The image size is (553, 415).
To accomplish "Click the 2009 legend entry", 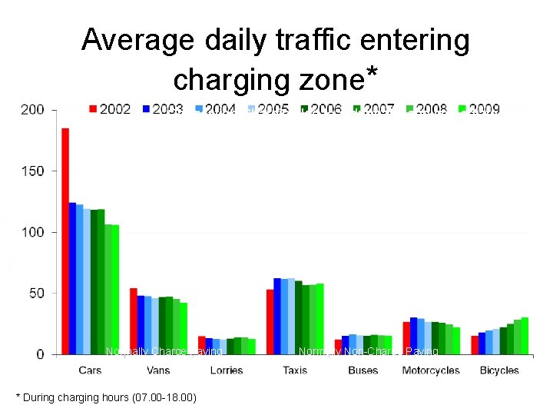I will click(x=478, y=109).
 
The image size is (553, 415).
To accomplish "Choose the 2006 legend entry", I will click(x=320, y=109).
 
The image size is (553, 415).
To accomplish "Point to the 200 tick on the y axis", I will click(x=32, y=110).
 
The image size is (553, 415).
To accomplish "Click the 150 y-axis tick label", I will click(x=32, y=171).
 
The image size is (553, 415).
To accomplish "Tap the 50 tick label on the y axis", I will click(x=35, y=293).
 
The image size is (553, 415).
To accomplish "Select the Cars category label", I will click(x=89, y=370).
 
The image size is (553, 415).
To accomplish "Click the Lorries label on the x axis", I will click(x=226, y=370).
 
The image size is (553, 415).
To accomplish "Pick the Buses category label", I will click(x=363, y=370).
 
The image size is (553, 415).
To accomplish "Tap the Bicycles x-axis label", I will click(x=499, y=370).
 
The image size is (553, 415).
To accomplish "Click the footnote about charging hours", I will click(x=107, y=397).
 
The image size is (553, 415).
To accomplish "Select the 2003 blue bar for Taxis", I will click(x=277, y=316).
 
